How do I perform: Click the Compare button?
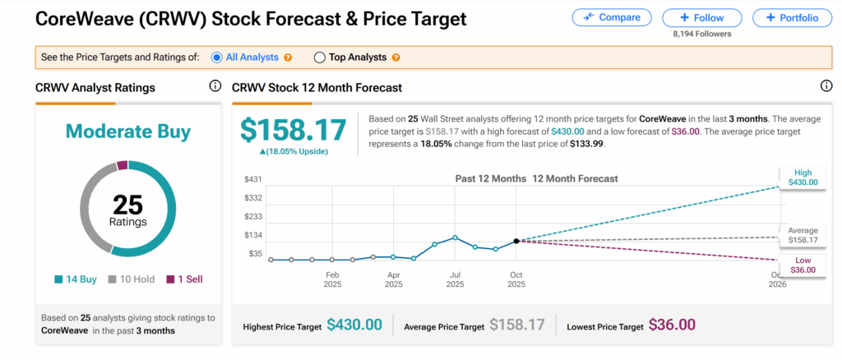pos(611,17)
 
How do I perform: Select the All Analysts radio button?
pos(217,58)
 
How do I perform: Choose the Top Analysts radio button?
pos(320,58)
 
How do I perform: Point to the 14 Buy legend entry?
pos(76,279)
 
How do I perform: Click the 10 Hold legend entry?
pos(132,279)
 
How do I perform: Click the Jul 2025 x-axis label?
pos(455,279)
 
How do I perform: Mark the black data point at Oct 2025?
pos(516,241)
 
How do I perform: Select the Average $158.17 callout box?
pos(802,236)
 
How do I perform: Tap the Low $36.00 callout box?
pos(802,264)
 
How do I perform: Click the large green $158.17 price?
pos(293,129)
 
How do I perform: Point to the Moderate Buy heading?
pos(127,132)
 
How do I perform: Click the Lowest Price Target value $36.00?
pos(672,325)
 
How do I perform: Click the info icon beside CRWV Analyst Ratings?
pos(215,86)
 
